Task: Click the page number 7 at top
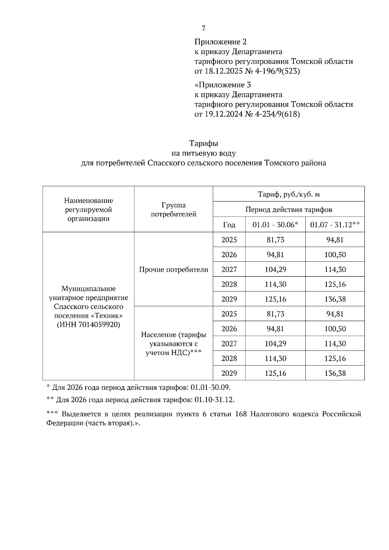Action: pyautogui.click(x=204, y=29)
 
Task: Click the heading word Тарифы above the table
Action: pyautogui.click(x=204, y=143)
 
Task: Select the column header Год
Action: pyautogui.click(x=229, y=225)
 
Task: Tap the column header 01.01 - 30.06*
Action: pyautogui.click(x=275, y=225)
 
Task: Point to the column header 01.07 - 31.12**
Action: pyautogui.click(x=335, y=225)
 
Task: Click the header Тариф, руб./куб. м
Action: pyautogui.click(x=289, y=194)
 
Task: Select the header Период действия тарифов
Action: pyautogui.click(x=289, y=210)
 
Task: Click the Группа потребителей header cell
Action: pyautogui.click(x=173, y=210)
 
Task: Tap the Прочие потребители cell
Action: pyautogui.click(x=173, y=269)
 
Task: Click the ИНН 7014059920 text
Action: pyautogui.click(x=88, y=325)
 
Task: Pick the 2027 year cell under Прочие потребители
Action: pyautogui.click(x=229, y=269)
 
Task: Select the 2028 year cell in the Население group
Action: pyautogui.click(x=229, y=359)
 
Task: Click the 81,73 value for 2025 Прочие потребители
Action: pyautogui.click(x=275, y=240)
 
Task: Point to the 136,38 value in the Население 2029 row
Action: pyautogui.click(x=335, y=373)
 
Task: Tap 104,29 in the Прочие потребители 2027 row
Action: pyautogui.click(x=275, y=269)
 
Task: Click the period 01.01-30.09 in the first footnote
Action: pyautogui.click(x=210, y=387)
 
